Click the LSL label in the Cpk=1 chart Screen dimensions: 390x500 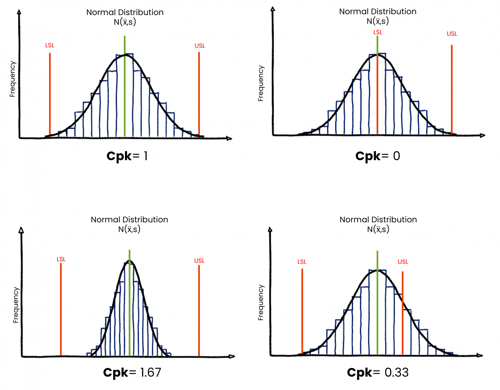(x=50, y=45)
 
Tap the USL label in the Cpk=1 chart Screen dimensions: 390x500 (x=200, y=46)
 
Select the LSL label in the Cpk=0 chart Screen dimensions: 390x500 (x=378, y=32)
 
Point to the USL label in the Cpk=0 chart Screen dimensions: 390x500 (x=452, y=34)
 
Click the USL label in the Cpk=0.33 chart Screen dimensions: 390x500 (x=403, y=262)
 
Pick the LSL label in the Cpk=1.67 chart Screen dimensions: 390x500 (x=61, y=259)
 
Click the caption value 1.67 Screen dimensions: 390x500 (x=150, y=372)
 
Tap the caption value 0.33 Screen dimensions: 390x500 (x=396, y=372)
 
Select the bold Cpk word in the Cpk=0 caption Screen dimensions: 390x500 (x=368, y=156)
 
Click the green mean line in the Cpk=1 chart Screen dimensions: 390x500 (x=125, y=97)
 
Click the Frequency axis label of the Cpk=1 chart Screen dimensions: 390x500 (x=12, y=79)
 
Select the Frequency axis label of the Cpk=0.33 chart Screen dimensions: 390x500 (x=261, y=303)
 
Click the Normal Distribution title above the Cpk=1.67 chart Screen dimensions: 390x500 (x=129, y=219)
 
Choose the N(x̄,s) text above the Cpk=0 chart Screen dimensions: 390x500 (x=378, y=21)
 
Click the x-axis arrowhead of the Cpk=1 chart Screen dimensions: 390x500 (x=230, y=138)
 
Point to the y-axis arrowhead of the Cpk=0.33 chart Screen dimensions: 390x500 (x=270, y=229)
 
